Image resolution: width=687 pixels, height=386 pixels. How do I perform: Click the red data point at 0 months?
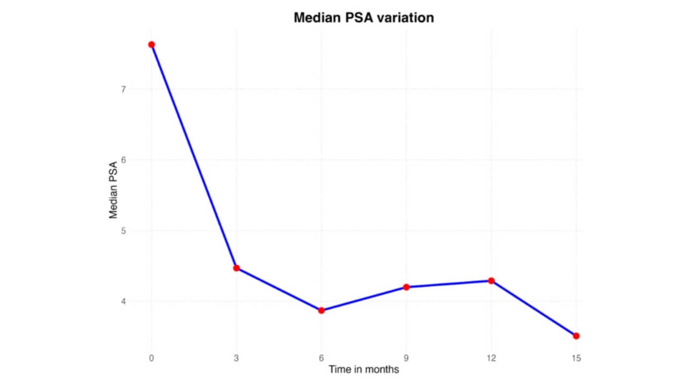click(151, 44)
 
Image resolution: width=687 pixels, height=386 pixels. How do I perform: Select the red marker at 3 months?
click(236, 268)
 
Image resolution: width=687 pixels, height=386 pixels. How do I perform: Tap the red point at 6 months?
click(321, 310)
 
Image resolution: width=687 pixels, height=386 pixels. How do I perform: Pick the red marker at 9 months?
click(406, 287)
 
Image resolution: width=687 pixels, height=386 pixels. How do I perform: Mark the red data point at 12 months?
click(491, 281)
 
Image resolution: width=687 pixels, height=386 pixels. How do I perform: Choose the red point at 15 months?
click(576, 336)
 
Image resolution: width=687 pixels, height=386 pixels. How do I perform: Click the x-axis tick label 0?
click(151, 358)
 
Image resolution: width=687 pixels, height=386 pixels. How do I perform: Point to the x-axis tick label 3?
click(236, 358)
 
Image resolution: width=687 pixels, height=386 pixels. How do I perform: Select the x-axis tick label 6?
click(321, 358)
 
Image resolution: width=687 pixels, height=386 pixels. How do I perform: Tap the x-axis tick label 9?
click(406, 358)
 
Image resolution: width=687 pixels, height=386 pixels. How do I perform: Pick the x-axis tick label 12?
click(491, 358)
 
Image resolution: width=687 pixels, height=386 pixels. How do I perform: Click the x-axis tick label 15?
click(576, 358)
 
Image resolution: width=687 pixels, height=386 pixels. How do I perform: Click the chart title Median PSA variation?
click(363, 18)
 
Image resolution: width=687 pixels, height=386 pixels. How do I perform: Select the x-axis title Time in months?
click(363, 369)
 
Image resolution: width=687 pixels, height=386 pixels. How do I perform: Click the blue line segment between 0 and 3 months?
click(194, 156)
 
